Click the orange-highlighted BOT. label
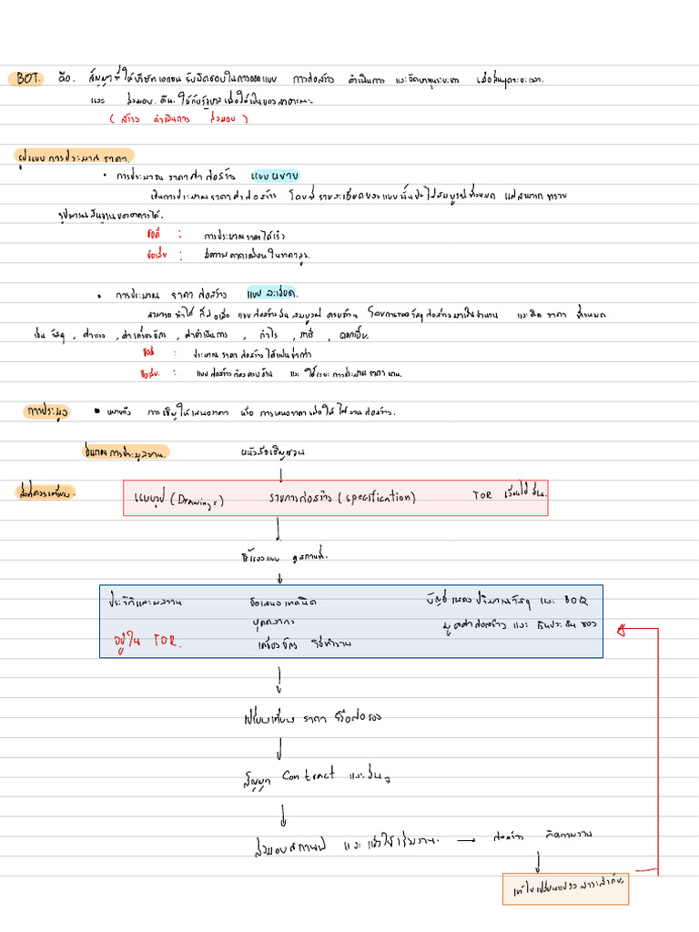28,79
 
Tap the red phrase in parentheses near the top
166,118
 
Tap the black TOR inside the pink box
481,496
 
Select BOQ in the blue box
576,601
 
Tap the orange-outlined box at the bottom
565,889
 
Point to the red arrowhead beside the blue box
620,628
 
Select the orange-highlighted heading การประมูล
47,413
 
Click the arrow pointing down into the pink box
280,474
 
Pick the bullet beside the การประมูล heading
97,412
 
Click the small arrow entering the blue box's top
279,578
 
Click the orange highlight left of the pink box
46,492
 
